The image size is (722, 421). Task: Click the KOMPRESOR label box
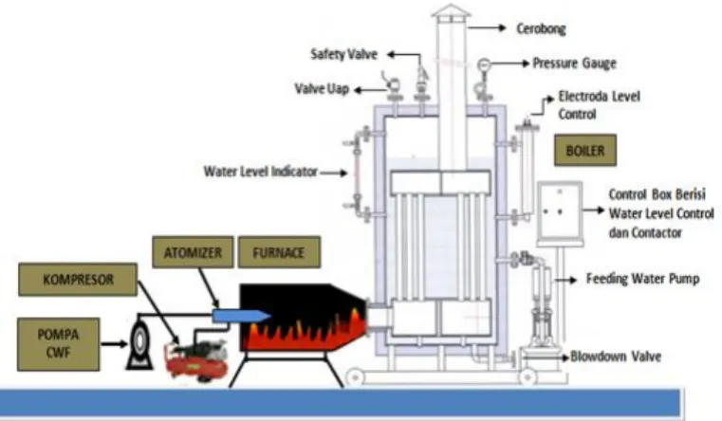78,280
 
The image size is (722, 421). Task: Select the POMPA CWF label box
59,344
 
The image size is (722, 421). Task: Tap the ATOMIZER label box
193,252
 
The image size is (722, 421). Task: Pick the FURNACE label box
279,252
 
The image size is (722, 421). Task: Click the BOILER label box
585,150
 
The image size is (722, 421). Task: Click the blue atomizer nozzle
241,316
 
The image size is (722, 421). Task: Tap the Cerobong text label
541,28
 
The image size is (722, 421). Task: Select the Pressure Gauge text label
574,63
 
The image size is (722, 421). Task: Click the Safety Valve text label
344,54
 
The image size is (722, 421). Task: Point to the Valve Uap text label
322,88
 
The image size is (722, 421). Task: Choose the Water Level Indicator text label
261,172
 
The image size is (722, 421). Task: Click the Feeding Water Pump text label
642,279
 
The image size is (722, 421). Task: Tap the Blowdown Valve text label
616,357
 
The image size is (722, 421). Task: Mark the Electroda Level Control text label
599,105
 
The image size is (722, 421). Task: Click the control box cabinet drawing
560,211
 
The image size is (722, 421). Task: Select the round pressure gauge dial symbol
483,64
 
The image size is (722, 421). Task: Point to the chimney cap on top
451,11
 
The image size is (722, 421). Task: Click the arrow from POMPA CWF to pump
114,343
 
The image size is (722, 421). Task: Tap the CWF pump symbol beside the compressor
139,342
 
